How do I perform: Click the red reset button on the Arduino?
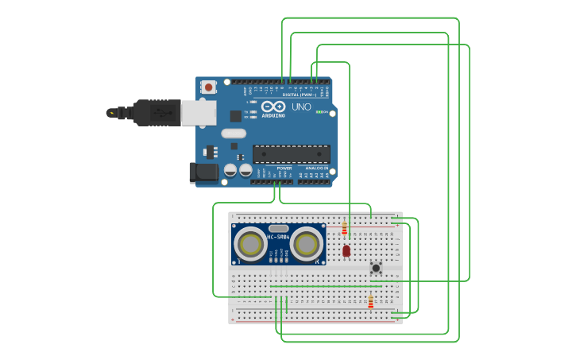click(x=208, y=87)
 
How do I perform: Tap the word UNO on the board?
click(x=301, y=107)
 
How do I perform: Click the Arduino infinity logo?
click(x=273, y=107)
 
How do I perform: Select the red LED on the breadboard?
click(x=346, y=250)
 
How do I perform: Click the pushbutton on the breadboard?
click(x=376, y=268)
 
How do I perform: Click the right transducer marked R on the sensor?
click(x=305, y=245)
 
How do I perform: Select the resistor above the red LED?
click(x=345, y=230)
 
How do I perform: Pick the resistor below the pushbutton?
click(x=370, y=301)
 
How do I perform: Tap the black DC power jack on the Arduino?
click(x=203, y=172)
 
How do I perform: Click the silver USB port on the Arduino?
click(x=198, y=113)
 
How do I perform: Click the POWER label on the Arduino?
click(x=284, y=168)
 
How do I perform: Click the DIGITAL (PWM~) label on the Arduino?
click(x=299, y=95)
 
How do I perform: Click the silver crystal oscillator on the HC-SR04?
click(x=279, y=228)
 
